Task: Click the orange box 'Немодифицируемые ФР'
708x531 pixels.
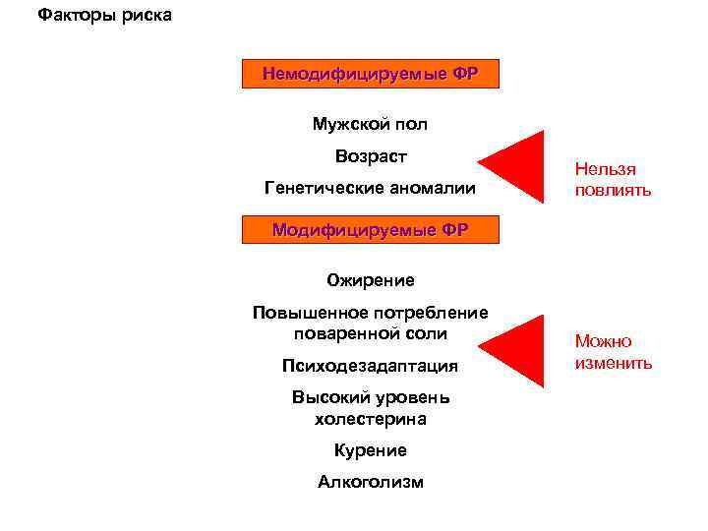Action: [371, 75]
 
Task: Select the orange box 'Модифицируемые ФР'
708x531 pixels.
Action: [371, 230]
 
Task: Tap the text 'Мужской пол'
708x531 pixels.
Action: [371, 125]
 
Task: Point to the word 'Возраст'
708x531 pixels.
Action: [371, 156]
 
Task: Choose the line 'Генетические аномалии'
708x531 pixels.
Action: [371, 188]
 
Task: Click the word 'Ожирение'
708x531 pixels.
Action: [371, 281]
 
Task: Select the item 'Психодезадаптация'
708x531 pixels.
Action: [371, 366]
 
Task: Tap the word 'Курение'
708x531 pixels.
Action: [371, 450]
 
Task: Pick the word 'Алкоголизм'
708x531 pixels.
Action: [371, 482]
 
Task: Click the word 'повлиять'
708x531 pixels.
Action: [614, 191]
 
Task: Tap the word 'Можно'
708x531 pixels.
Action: [604, 342]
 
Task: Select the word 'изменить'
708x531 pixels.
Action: [614, 363]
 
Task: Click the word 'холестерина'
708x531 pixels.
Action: [371, 419]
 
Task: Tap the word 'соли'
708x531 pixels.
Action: [429, 333]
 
